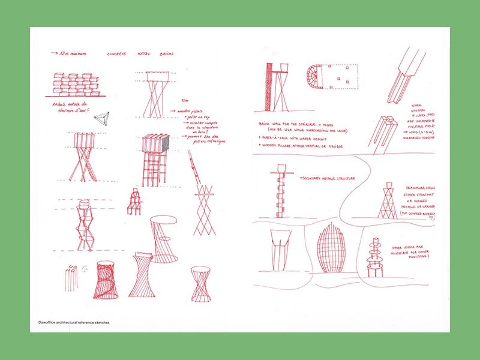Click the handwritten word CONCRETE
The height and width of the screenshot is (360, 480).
116,54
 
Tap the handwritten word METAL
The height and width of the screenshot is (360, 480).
145,54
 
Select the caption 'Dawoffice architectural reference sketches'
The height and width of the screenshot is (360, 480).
70,322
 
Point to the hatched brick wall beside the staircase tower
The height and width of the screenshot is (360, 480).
268,87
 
